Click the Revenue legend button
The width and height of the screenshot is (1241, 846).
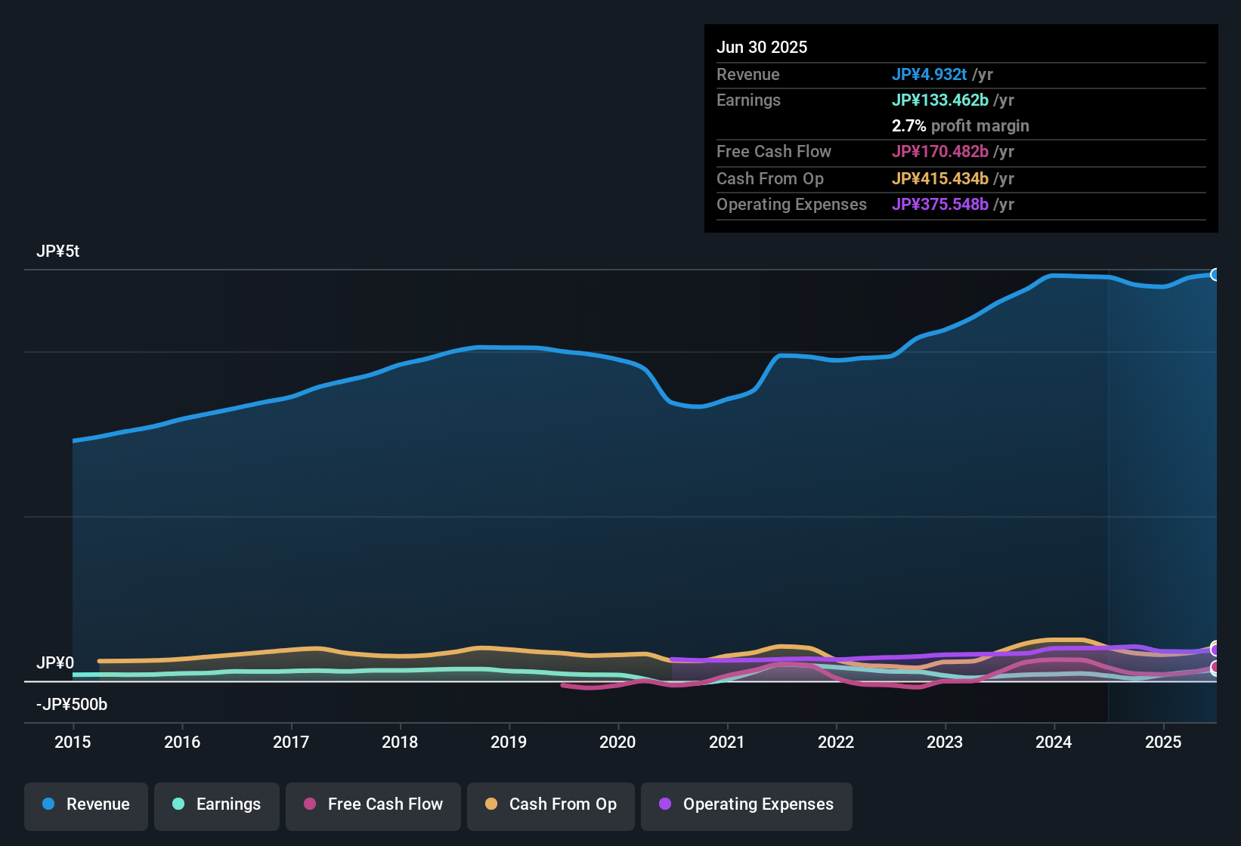86,804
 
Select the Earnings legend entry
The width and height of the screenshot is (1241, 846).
217,804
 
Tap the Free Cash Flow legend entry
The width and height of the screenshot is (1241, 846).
373,804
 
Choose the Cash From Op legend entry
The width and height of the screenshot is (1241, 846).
551,804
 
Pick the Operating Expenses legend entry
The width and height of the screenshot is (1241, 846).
747,804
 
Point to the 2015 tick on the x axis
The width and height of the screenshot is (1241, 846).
73,742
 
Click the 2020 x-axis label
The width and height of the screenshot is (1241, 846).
617,742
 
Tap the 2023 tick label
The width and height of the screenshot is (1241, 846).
945,742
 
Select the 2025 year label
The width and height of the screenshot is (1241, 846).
1162,742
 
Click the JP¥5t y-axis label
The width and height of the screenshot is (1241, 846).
58,252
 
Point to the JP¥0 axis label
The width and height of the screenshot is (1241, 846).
55,662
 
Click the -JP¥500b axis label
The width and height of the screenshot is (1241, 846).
72,705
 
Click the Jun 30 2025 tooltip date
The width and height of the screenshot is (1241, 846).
762,47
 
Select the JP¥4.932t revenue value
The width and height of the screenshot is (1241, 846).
929,74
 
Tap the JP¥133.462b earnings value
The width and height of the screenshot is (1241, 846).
939,100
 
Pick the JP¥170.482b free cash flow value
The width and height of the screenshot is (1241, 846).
939,151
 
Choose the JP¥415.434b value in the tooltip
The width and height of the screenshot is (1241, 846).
939,178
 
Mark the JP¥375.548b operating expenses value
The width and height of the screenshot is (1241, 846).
939,204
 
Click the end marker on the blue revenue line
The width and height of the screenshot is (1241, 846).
1215,274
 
